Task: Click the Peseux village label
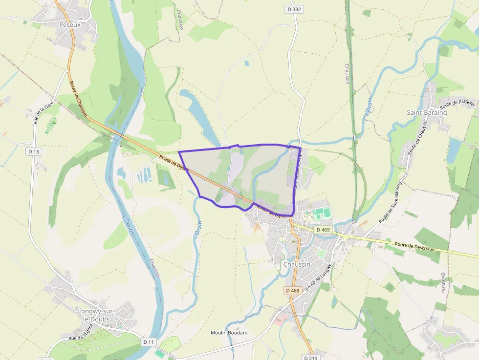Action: (69, 24)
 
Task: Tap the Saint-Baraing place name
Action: (427, 112)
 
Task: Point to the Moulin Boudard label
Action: (229, 333)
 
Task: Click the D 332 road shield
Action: (294, 9)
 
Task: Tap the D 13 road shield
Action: (33, 151)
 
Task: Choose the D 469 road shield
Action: (323, 230)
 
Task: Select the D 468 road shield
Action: (292, 291)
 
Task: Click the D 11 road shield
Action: (149, 341)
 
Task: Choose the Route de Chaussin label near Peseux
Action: (79, 98)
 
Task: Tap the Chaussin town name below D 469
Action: (297, 264)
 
